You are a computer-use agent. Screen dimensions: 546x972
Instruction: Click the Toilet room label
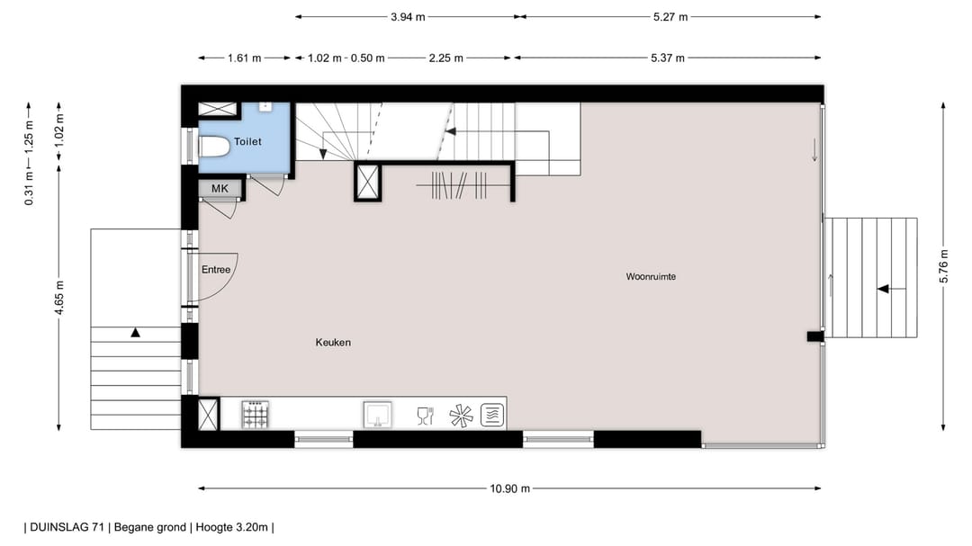click(249, 142)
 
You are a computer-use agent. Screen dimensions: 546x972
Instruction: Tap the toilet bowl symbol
click(214, 148)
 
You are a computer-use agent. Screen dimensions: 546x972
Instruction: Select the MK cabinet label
click(220, 188)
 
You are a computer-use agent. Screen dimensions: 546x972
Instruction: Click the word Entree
click(216, 270)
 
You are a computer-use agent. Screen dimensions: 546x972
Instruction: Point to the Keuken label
click(333, 343)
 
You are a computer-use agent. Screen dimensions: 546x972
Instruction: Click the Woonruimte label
click(651, 277)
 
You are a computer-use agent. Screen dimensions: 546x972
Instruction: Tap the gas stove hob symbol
click(256, 415)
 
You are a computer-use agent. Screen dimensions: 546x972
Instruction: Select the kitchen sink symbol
click(377, 415)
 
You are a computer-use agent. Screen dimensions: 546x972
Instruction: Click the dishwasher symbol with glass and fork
click(425, 416)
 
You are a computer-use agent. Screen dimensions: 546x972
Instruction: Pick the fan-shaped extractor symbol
click(460, 416)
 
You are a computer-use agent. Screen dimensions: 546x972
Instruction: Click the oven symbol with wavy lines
click(492, 415)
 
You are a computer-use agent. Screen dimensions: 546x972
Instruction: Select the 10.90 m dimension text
click(509, 489)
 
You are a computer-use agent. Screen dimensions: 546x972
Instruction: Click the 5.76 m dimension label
click(943, 265)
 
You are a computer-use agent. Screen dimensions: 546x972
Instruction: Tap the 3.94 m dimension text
click(408, 16)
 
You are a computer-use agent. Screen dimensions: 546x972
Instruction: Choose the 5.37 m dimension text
click(667, 58)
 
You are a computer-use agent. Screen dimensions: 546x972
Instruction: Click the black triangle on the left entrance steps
click(135, 333)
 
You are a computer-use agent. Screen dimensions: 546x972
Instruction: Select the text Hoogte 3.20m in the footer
click(231, 528)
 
